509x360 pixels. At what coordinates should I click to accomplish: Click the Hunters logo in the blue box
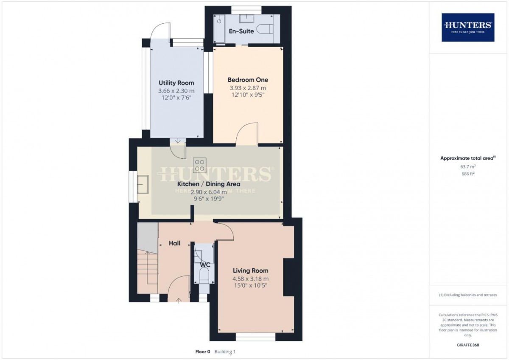(468, 27)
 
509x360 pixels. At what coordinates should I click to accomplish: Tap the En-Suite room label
(241, 31)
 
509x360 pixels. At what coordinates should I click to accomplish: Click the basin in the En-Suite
(246, 18)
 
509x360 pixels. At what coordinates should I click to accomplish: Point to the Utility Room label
(176, 83)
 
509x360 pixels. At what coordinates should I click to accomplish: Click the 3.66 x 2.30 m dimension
(176, 91)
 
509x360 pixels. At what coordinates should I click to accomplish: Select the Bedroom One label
(248, 80)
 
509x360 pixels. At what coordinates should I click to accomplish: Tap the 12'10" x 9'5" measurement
(248, 95)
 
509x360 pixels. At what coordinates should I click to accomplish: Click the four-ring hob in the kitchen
(200, 165)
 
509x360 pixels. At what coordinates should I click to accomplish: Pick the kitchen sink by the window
(143, 184)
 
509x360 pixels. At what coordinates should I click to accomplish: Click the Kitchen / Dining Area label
(209, 184)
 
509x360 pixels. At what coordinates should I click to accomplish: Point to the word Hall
(174, 243)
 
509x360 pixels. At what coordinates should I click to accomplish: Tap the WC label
(205, 265)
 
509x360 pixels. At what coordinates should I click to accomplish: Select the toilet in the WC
(204, 276)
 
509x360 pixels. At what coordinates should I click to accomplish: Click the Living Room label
(251, 270)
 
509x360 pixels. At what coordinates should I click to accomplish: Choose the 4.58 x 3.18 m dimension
(251, 279)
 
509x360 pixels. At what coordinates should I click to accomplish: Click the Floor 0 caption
(203, 352)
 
